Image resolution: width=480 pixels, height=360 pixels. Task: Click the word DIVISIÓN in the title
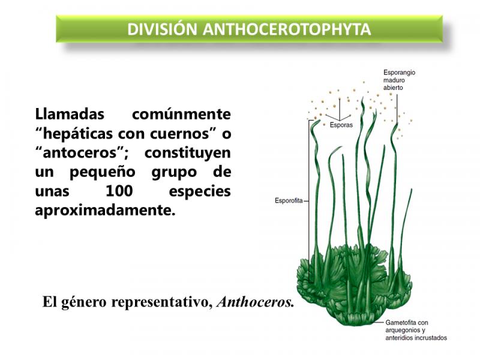162,29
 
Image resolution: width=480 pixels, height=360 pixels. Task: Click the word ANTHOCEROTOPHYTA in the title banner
287,29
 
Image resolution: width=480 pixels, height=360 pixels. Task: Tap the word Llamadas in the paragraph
70,114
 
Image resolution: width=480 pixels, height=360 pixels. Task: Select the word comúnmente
181,114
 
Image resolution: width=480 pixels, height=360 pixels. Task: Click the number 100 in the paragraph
119,191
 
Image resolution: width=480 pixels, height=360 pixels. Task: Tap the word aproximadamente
106,211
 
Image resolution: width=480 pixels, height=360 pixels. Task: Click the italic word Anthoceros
256,302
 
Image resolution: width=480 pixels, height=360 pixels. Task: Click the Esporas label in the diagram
341,125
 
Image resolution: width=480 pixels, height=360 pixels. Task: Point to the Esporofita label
289,201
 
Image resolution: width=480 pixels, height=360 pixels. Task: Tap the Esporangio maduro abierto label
399,80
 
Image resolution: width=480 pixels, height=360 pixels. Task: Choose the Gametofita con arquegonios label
407,326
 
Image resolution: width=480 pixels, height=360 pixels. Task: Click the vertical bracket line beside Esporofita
309,201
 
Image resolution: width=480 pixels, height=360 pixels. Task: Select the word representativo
161,303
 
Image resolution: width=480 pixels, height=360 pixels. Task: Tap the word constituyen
188,154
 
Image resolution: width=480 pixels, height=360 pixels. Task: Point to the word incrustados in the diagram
430,338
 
